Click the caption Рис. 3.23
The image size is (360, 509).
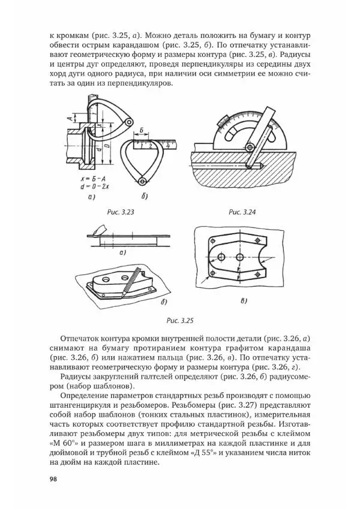(119, 212)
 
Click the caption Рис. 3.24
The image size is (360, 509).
(243, 212)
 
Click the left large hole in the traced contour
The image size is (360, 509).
(221, 257)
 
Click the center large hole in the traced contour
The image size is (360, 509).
(240, 257)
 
